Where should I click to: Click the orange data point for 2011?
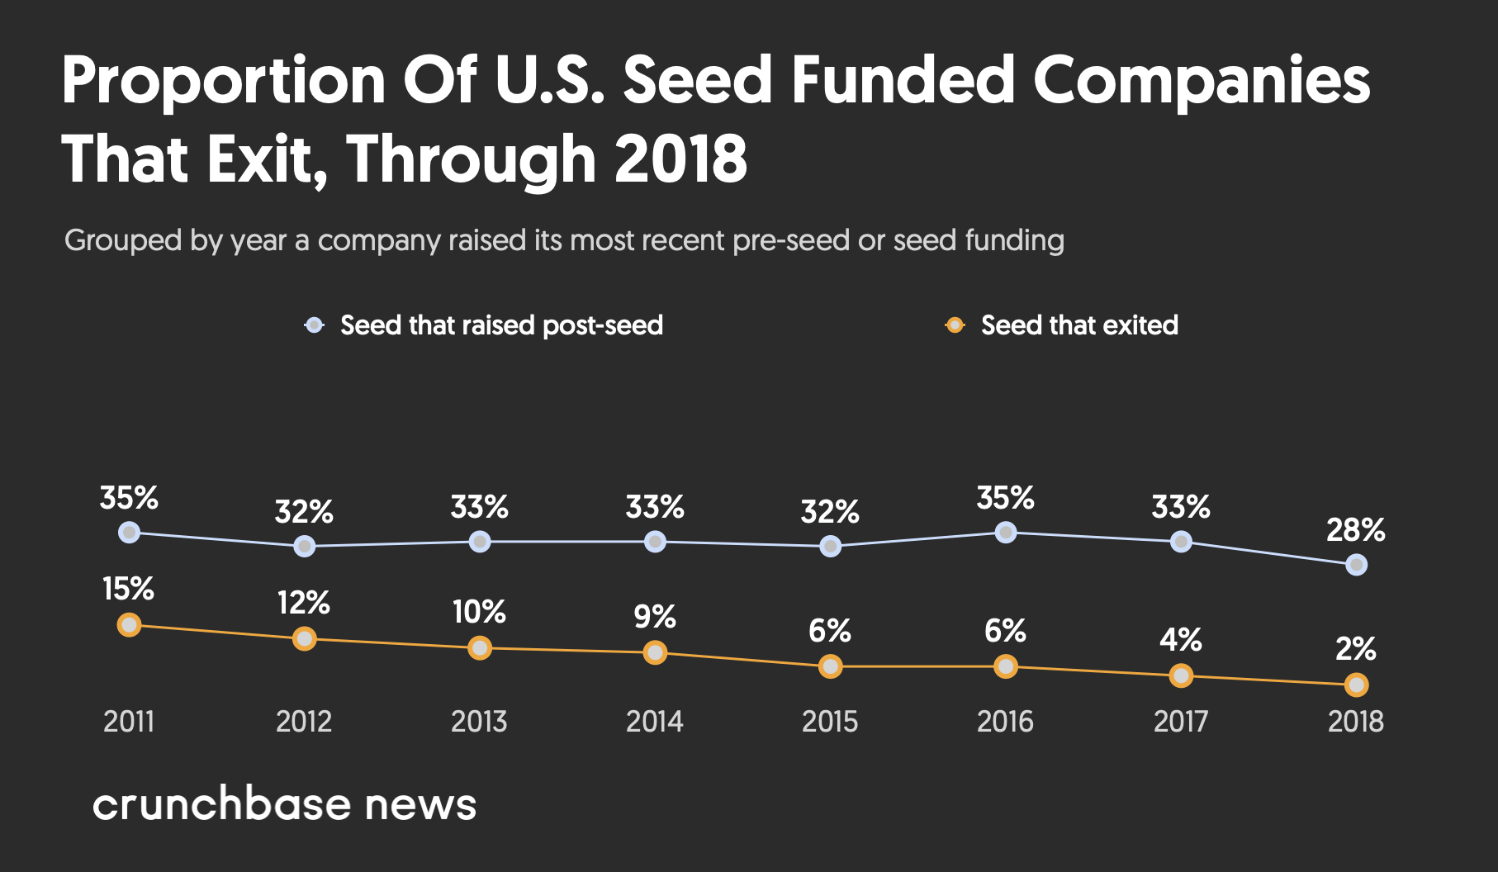point(129,625)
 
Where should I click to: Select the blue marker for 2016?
point(1005,533)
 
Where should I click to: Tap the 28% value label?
point(1355,530)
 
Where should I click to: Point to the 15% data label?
point(128,590)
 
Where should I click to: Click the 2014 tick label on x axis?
point(654,722)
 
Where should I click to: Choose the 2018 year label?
point(1355,722)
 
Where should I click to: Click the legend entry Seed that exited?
point(1078,325)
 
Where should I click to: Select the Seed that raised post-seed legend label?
point(501,325)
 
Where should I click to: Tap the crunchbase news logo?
point(284,804)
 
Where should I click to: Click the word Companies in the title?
point(1202,81)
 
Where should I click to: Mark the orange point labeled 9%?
point(655,653)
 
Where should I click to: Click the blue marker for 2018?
point(1356,565)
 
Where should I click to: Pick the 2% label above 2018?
point(1355,649)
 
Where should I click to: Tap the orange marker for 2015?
point(830,666)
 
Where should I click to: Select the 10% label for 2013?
point(479,613)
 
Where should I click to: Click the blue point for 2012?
point(304,546)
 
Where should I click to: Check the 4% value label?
point(1180,640)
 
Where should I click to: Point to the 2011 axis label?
point(129,722)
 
